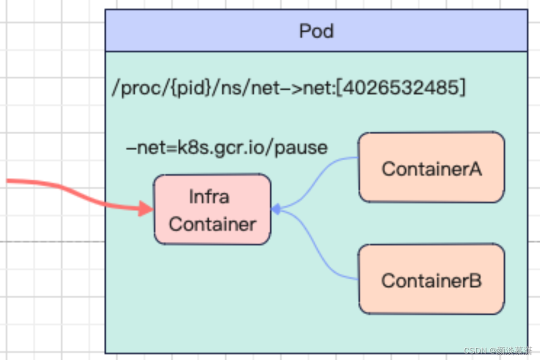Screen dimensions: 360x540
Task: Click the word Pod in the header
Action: coord(316,31)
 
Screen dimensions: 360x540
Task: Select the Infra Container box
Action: coord(212,209)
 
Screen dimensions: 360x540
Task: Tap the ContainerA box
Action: coord(431,168)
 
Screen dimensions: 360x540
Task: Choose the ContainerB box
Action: coord(431,279)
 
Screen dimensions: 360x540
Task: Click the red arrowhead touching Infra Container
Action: coord(146,208)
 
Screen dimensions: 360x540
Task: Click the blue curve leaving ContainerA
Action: coord(320,175)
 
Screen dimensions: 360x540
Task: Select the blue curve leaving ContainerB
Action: coord(320,250)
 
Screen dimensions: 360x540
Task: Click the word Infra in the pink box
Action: coord(209,196)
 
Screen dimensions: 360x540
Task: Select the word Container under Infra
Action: coord(212,223)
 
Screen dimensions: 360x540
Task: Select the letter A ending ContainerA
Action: coord(475,168)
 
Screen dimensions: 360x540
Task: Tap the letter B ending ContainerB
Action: coord(475,280)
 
